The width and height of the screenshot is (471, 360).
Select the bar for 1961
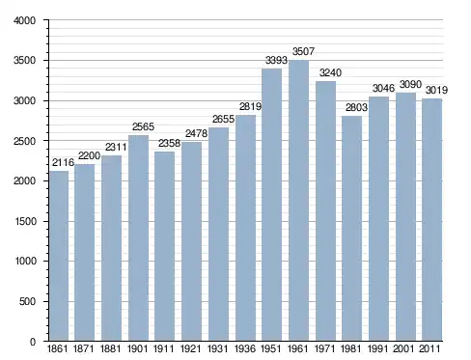click(x=298, y=201)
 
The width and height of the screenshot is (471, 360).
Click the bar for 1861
click(x=59, y=256)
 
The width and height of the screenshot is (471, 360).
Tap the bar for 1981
click(x=351, y=229)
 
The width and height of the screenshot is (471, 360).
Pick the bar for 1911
click(x=164, y=246)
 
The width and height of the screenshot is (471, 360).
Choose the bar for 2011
click(x=432, y=220)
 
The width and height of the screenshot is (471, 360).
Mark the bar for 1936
click(x=245, y=228)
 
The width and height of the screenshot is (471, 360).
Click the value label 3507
click(x=303, y=51)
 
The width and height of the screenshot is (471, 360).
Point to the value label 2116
click(x=64, y=162)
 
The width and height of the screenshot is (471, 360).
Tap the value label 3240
click(x=330, y=73)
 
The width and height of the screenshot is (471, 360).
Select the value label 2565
click(x=143, y=126)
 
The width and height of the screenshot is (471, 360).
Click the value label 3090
click(x=410, y=85)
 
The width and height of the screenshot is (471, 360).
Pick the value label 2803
click(x=356, y=107)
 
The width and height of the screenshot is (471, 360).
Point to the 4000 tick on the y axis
click(x=25, y=21)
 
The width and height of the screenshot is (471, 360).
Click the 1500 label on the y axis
click(x=26, y=221)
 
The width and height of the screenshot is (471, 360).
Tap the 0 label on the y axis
click(x=33, y=342)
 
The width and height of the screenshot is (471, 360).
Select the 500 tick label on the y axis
click(x=27, y=301)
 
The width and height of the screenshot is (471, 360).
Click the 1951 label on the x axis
click(x=271, y=348)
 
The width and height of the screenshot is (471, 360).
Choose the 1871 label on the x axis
click(x=84, y=348)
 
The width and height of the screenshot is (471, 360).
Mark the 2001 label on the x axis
click(x=403, y=348)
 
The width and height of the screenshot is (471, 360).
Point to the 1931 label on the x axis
click(x=218, y=348)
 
